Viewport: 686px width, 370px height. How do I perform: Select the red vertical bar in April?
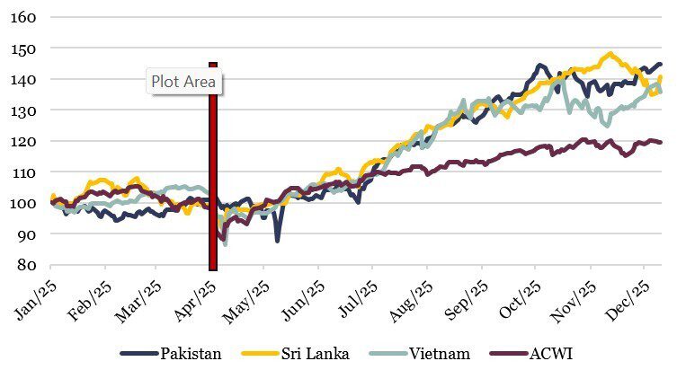tap(213, 180)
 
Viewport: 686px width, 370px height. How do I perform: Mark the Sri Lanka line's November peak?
tap(611, 54)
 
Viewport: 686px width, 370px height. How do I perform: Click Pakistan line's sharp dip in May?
tap(278, 240)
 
